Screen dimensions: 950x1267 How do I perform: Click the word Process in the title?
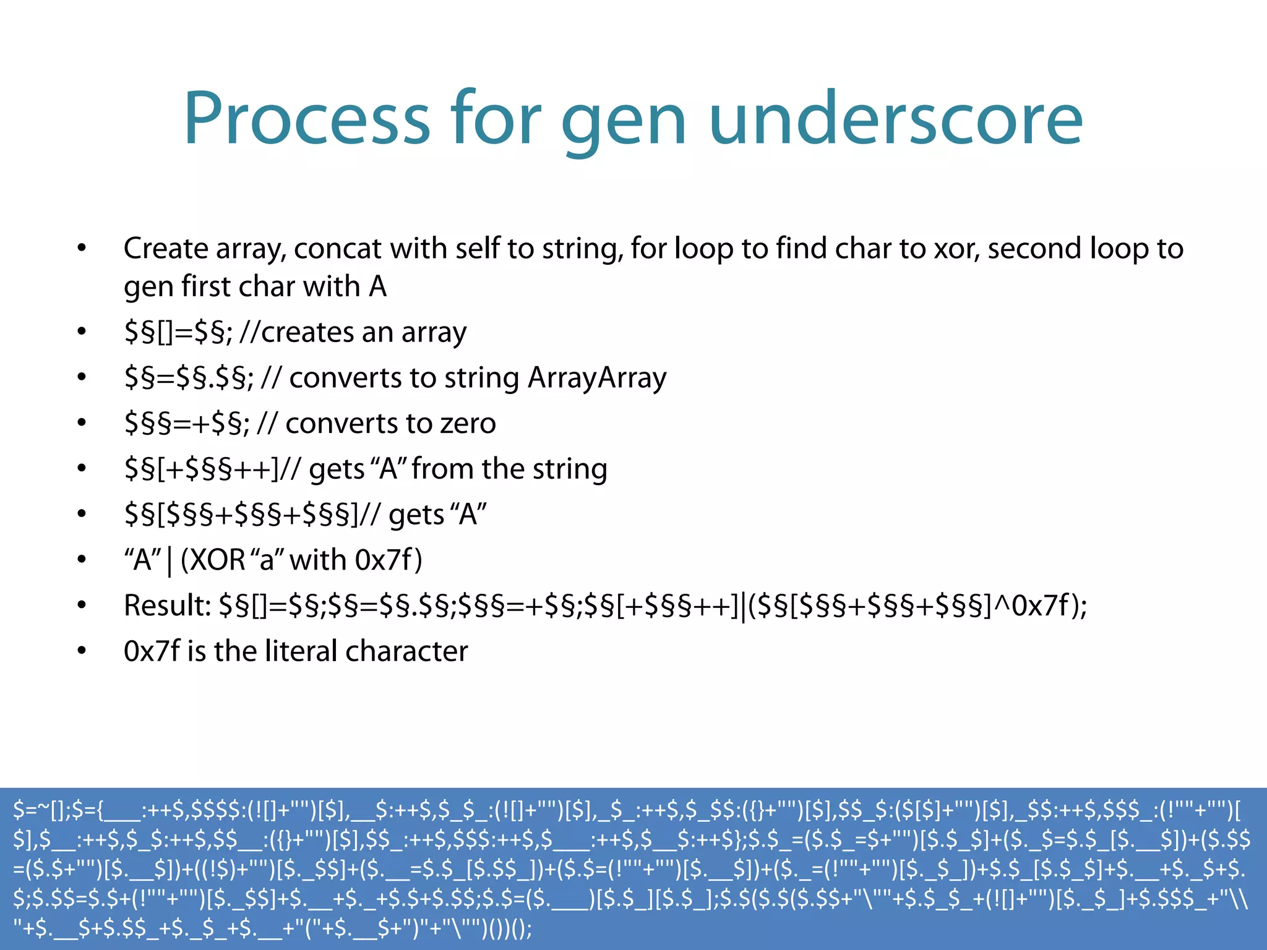[x=306, y=119]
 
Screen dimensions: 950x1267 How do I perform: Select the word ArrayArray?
[x=597, y=378]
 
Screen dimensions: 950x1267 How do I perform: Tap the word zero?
[x=468, y=424]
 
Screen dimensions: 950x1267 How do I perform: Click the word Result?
[x=167, y=606]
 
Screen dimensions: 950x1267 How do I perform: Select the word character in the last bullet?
[x=406, y=651]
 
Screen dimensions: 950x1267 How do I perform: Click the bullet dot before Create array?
[x=82, y=249]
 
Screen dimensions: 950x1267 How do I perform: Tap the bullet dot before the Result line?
[x=82, y=606]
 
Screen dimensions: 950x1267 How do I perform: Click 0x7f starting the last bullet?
[x=152, y=651]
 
